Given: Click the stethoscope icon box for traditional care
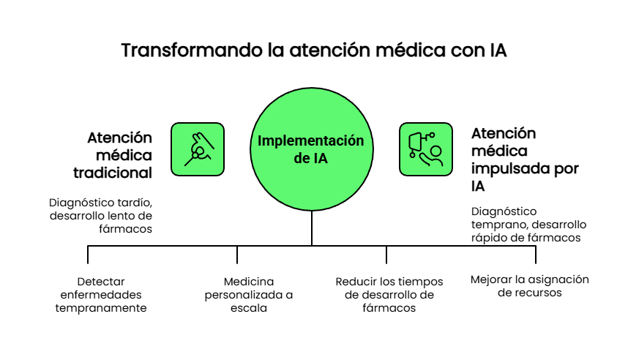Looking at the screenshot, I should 197,149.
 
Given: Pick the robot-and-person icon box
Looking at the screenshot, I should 425,149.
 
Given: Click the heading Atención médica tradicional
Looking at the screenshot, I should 120,155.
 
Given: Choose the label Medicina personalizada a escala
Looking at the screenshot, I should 249,294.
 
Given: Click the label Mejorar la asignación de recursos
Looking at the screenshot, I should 529,285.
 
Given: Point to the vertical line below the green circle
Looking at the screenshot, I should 312,228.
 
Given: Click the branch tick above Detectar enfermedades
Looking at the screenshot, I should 88,255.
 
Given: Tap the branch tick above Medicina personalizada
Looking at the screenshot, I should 237,255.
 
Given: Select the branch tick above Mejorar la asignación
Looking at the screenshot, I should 536,255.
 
